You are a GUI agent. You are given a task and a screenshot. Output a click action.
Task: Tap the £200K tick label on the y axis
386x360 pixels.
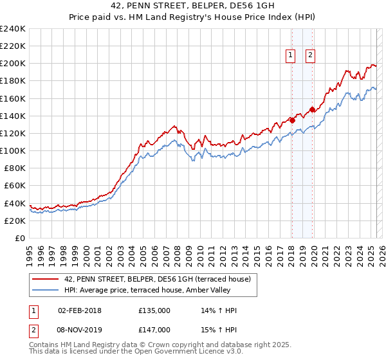click(13, 64)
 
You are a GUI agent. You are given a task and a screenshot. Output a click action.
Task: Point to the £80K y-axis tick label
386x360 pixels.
click(15, 168)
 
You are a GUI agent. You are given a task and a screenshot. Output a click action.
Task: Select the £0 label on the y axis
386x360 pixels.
click(21, 238)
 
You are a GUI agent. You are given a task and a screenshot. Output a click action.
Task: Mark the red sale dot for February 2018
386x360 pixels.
click(292, 120)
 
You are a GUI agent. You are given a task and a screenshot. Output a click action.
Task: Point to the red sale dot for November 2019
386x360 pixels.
click(312, 109)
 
